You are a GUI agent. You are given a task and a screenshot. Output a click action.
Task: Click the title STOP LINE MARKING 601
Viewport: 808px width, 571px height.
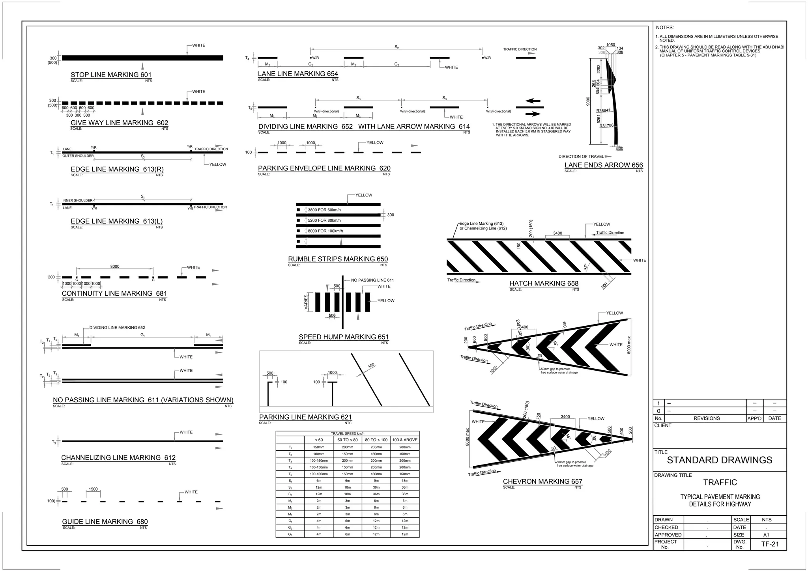point(111,75)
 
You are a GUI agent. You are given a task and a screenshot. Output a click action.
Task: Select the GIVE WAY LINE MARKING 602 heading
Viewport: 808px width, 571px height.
point(119,123)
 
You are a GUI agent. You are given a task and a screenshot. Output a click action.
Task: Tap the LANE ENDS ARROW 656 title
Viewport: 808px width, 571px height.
point(603,165)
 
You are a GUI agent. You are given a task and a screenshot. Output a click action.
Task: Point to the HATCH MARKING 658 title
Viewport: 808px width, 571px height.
point(544,284)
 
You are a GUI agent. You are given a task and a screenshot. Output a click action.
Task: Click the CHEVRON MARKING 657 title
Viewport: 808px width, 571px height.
point(542,481)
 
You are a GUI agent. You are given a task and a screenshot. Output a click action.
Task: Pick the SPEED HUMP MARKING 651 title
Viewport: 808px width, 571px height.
point(344,337)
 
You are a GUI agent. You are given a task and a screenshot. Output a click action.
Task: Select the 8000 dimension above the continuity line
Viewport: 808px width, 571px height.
point(115,267)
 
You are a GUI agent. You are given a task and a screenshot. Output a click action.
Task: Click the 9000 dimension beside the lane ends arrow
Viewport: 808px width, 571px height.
point(588,101)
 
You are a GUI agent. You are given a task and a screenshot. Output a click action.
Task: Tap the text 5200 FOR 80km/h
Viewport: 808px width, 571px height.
point(324,220)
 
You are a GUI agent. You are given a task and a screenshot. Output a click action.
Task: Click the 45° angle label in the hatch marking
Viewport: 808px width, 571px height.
point(586,267)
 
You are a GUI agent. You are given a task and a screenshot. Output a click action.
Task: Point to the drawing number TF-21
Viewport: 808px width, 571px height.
point(770,544)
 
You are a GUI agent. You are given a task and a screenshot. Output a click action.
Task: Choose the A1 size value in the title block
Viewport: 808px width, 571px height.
point(766,535)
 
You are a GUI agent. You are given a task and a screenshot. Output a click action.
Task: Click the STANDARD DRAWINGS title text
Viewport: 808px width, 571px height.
point(719,460)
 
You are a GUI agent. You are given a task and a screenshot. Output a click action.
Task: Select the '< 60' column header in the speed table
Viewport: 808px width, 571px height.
point(319,440)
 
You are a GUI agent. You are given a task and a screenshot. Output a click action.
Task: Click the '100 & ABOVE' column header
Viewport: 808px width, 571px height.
point(405,440)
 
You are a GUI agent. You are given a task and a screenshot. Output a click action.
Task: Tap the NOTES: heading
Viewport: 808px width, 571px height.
point(665,28)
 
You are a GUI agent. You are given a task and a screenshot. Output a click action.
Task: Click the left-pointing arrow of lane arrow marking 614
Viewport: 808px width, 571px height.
point(533,101)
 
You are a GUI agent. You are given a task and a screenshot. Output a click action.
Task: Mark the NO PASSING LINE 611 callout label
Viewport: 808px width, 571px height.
point(372,280)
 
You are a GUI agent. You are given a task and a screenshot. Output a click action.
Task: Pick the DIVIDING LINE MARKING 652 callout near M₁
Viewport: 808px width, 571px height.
point(117,328)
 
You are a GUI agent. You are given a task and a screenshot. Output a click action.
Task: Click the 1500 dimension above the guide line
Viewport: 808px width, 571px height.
point(93,489)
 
